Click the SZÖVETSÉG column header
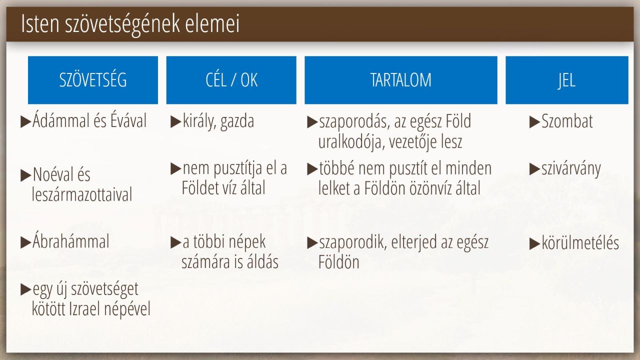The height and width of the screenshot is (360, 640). (x=93, y=80)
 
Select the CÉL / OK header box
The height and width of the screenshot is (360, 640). (x=231, y=80)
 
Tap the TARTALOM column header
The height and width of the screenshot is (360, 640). (x=401, y=80)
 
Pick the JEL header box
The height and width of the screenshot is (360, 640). (x=567, y=80)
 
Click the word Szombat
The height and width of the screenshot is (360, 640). (x=567, y=121)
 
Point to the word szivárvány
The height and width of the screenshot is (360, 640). (x=571, y=169)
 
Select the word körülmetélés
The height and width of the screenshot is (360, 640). (x=580, y=243)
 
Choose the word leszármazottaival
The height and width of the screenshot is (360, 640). (x=82, y=194)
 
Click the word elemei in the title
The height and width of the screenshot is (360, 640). (x=212, y=23)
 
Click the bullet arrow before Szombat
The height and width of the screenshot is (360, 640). (x=534, y=122)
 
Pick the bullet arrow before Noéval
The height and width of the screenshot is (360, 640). (x=25, y=175)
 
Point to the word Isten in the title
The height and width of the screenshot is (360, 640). (x=40, y=23)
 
